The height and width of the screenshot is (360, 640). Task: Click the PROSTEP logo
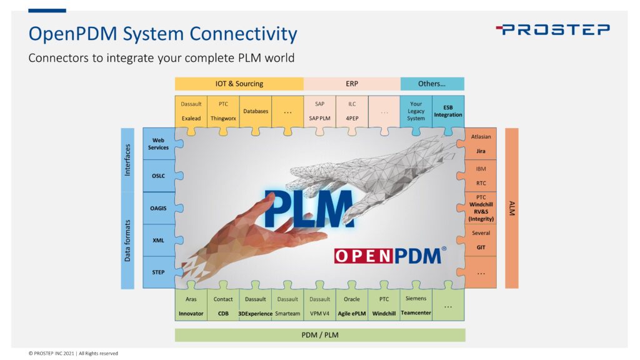coord(552,29)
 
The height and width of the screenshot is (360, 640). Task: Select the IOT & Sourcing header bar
coord(239,84)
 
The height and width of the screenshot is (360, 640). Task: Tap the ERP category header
coord(351,84)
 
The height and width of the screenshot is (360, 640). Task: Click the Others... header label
coord(432,84)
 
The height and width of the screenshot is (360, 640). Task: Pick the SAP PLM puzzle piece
coord(319,111)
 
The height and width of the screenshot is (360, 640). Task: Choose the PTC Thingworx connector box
coord(223,111)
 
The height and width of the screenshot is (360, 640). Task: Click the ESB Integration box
coord(448,111)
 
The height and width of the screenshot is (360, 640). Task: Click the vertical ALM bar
coord(511,208)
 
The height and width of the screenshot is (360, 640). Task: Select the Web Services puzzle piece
coord(159,144)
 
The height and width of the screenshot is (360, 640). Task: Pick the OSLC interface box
coord(159,176)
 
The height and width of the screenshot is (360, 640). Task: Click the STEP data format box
coord(159,272)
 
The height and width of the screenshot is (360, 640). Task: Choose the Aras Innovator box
coord(191,306)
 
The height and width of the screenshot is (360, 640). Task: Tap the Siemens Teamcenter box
coord(416,306)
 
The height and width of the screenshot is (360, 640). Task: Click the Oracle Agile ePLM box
coord(351,306)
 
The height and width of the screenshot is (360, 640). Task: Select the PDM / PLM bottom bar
coord(320,335)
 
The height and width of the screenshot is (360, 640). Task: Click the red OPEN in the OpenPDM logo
coord(359,256)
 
